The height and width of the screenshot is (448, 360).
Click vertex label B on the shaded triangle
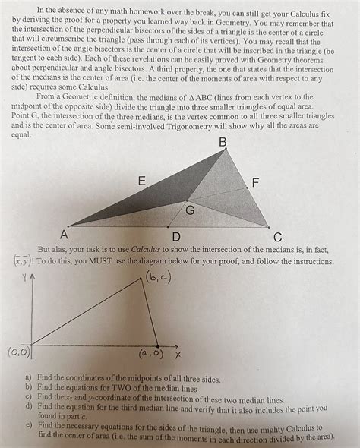point(223,143)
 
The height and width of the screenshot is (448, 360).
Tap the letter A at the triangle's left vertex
point(64,233)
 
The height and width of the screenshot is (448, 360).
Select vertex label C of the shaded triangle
point(278,235)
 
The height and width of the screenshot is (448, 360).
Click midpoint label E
point(142,181)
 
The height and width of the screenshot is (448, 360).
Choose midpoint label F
point(255,183)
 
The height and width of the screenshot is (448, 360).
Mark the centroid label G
point(190,210)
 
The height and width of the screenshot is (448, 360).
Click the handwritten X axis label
point(178,355)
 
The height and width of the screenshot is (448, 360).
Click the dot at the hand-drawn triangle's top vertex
point(142,279)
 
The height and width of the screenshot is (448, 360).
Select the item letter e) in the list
point(28,427)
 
